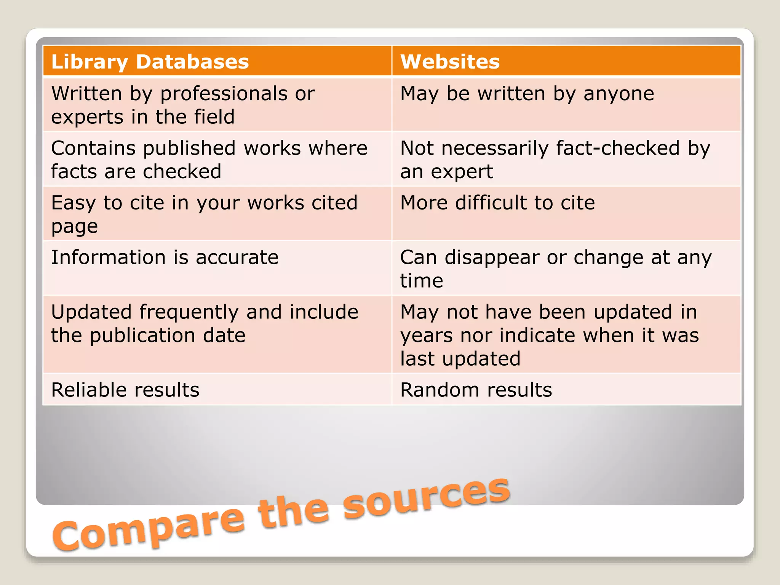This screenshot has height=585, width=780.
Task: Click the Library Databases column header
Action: coord(150,62)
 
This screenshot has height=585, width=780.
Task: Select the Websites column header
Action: coord(450,62)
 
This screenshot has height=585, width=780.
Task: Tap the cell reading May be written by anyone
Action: coord(527,94)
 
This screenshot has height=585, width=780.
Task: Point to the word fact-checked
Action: coord(617,148)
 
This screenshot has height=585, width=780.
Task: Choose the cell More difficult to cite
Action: coord(497,203)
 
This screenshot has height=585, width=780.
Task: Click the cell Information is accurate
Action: coord(165,257)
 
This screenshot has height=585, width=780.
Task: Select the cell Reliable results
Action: coord(125,390)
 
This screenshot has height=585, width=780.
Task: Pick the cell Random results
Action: coord(476,390)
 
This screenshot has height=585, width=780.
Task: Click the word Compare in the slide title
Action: coord(149,527)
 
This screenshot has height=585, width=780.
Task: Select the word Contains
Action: coord(93,148)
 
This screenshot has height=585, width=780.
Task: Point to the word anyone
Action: coord(619,94)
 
